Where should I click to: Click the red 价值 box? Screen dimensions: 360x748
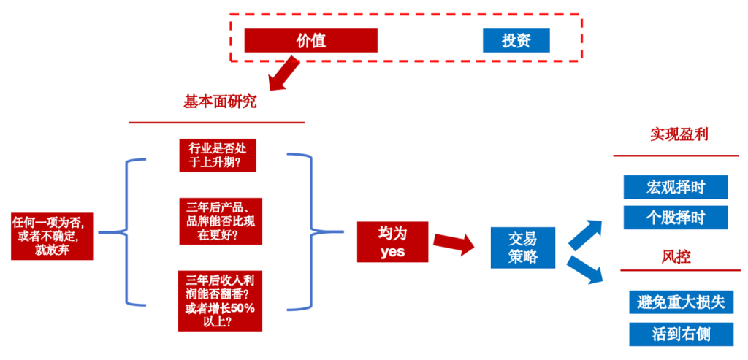click(310, 41)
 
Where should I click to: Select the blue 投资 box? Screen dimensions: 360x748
click(516, 41)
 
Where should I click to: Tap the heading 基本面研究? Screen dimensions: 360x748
click(219, 102)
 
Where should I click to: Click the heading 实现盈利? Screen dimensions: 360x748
click(679, 135)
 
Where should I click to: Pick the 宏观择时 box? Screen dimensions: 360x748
click(676, 186)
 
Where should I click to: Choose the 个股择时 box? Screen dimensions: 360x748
click(676, 217)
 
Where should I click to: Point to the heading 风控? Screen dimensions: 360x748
click(676, 256)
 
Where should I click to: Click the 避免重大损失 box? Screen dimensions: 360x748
click(680, 302)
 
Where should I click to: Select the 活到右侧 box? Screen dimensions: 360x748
click(680, 334)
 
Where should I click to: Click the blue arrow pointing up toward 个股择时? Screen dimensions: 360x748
click(586, 233)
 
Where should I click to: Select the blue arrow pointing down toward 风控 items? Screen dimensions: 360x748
click(586, 269)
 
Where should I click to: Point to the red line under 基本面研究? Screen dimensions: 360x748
click(216, 122)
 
